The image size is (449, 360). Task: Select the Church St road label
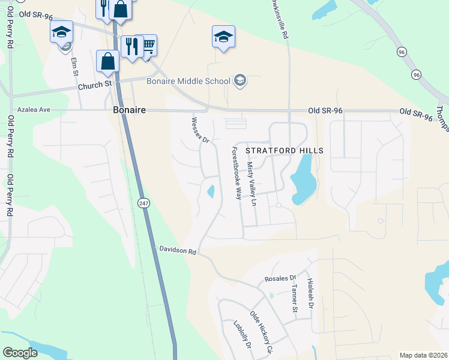point(95,86)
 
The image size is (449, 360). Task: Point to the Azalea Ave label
point(33,110)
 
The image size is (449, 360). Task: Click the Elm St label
point(75,67)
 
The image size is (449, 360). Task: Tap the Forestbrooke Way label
point(236,175)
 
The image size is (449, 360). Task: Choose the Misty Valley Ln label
point(252,184)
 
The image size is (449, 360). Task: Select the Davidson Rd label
point(178,251)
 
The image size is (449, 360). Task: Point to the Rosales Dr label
point(280,279)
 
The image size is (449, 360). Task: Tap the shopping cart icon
point(147,44)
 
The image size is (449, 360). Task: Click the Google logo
point(20,353)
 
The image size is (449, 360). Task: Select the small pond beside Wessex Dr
point(211,192)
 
